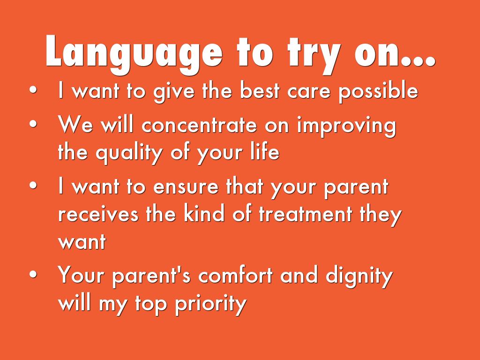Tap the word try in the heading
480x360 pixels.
314,56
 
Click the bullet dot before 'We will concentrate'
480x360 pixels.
33,124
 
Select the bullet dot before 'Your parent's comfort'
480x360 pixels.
33,274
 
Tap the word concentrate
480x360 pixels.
199,125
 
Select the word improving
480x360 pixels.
346,127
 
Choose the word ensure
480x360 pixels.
186,187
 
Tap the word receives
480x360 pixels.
98,214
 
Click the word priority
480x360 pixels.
210,305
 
